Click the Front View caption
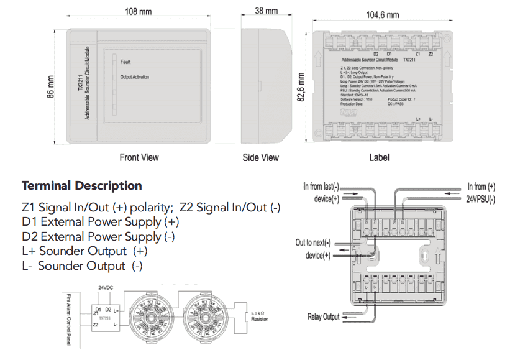click(139, 157)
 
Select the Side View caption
click(260, 157)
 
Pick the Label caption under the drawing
click(379, 157)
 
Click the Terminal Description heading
click(81, 186)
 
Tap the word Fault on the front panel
click(125, 62)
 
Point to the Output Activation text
click(134, 78)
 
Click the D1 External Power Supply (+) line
click(100, 222)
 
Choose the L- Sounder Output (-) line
click(82, 266)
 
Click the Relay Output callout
click(324, 316)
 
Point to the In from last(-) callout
click(321, 187)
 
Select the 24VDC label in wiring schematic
click(106, 287)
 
